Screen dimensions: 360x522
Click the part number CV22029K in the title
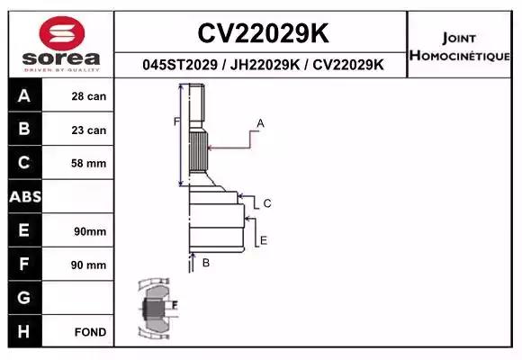(x=262, y=33)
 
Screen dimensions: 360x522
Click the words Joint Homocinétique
(x=462, y=47)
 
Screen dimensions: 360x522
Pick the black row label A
(x=23, y=96)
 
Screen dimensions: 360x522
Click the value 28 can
(x=89, y=96)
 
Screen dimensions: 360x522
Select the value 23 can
(x=89, y=130)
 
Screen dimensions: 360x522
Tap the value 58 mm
(x=89, y=163)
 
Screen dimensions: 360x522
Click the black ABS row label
(x=23, y=197)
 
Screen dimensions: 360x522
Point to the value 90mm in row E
(x=90, y=231)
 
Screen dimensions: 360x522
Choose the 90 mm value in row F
(x=89, y=265)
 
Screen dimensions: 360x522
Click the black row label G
(x=23, y=298)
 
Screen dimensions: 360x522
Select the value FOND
(x=91, y=332)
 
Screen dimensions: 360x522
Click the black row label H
(x=23, y=332)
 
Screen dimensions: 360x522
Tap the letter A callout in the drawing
(x=260, y=122)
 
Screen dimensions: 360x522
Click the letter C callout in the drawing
(x=267, y=204)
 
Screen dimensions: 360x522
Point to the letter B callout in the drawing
(x=206, y=263)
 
